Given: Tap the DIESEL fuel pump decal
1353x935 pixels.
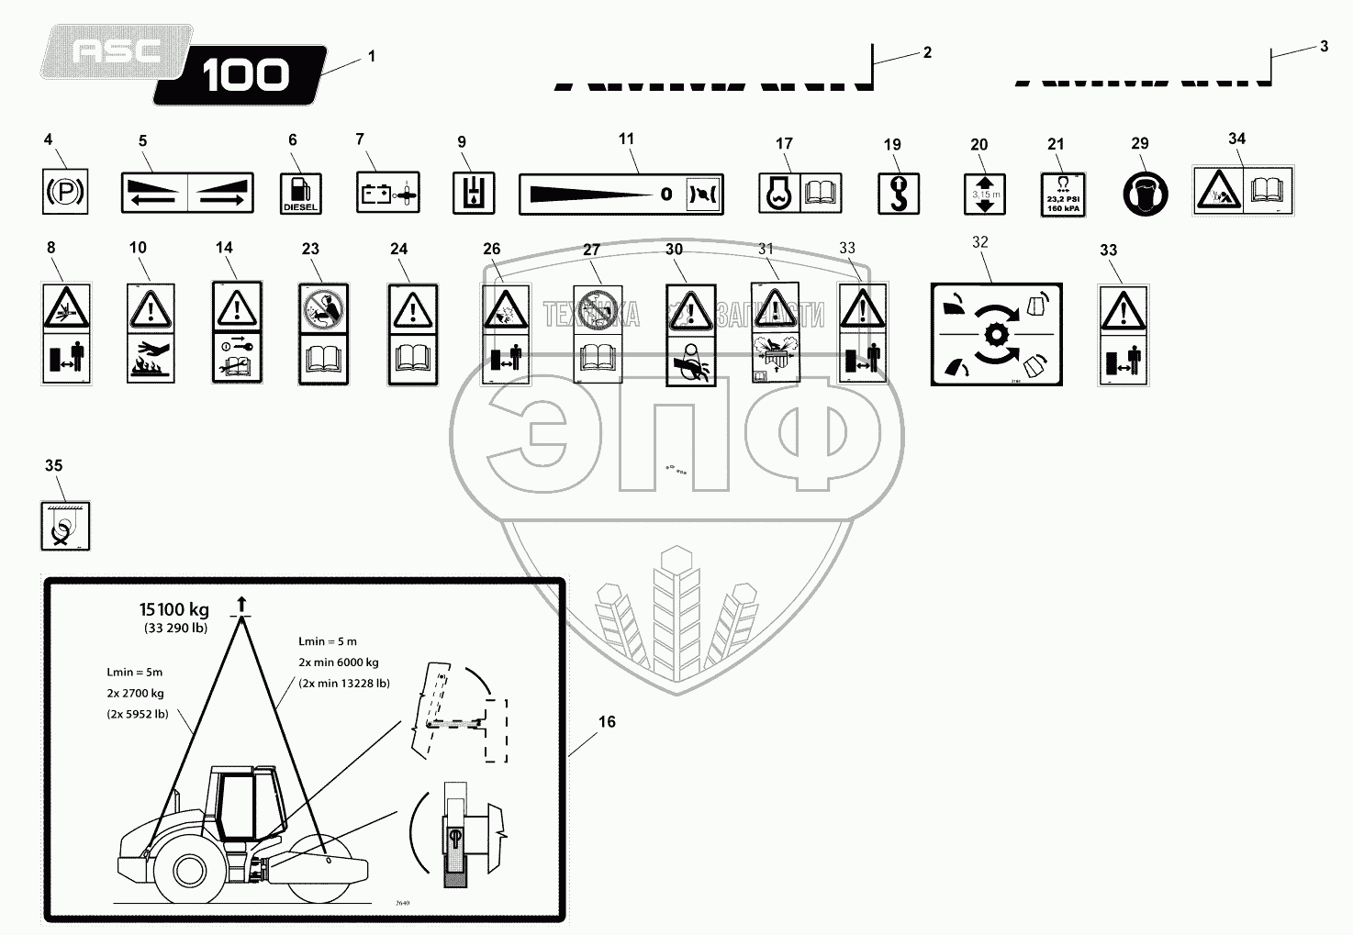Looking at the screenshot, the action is coord(300,193).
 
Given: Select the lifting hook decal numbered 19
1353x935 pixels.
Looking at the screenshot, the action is coord(898,194).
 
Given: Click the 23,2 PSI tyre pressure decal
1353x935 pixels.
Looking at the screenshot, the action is coord(1062,194).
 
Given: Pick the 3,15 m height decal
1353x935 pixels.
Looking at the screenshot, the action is coord(985,194).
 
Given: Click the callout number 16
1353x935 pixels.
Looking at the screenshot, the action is coord(607,722).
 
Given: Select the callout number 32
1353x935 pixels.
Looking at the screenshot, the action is coord(979,242).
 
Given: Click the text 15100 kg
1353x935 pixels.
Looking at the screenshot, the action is coord(174,609).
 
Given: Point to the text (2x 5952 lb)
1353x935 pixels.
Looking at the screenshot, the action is coord(136,713).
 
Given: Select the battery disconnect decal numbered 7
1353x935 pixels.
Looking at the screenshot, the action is coord(387,193).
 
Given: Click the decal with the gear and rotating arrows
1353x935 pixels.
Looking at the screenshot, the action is coord(996,334).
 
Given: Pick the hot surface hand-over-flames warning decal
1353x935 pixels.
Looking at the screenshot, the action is coord(151,333).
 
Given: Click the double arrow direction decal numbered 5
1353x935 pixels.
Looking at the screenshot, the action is coord(187,193).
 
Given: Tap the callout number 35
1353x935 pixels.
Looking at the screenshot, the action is coord(54,465).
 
